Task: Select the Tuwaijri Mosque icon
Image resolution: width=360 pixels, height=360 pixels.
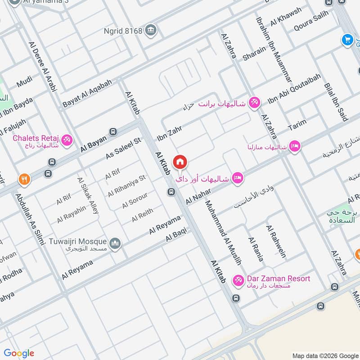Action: click(116, 243)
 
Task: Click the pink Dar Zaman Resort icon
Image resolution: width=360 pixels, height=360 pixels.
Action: click(238, 280)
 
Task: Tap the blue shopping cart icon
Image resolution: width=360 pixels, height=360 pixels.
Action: click(346, 40)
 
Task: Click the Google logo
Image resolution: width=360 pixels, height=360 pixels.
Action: click(19, 353)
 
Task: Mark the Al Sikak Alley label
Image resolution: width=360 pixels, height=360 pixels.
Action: click(88, 195)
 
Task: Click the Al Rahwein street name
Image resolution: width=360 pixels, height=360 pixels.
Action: click(276, 242)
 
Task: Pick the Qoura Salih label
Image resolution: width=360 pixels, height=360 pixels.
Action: click(311, 21)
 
